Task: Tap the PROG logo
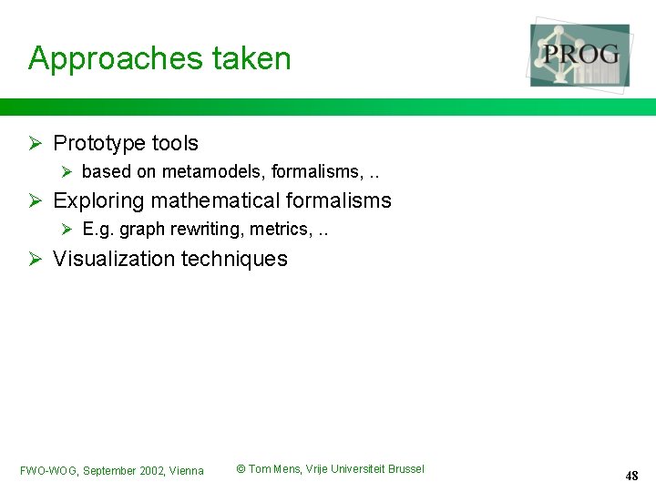pos(580,55)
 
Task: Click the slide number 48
pos(631,476)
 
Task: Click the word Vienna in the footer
pos(187,471)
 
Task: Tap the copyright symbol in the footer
pos(241,469)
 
